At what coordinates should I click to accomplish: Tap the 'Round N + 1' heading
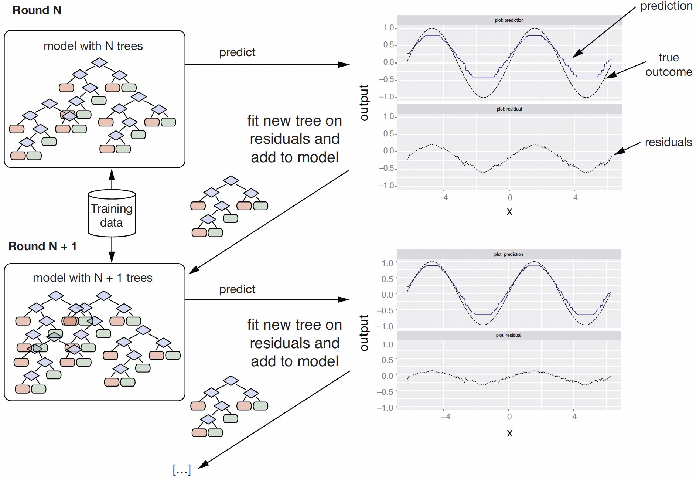pos(42,246)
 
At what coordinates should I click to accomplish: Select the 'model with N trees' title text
pos(93,46)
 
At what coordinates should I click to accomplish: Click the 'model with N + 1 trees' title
pos(92,278)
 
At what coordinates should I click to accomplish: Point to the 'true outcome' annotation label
pos(669,65)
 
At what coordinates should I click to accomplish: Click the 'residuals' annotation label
pos(668,142)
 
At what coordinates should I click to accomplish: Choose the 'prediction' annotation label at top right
pos(666,6)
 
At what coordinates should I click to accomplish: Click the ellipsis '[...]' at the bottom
pos(182,470)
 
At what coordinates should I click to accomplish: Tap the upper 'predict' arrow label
pos(237,52)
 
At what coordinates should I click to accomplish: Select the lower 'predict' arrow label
pos(237,289)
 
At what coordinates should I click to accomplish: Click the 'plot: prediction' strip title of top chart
pos(509,20)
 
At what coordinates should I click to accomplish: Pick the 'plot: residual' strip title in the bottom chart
pos(508,335)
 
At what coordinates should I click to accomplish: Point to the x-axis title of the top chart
pos(509,211)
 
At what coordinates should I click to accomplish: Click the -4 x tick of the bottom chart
pos(446,417)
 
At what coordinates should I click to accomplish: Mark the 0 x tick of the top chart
pos(510,198)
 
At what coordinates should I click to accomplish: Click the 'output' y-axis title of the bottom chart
pos(364,333)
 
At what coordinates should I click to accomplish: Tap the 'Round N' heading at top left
pos(37,10)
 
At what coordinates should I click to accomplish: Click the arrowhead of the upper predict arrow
pos(344,65)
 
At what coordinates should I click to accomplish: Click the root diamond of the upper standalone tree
pos(231,180)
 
